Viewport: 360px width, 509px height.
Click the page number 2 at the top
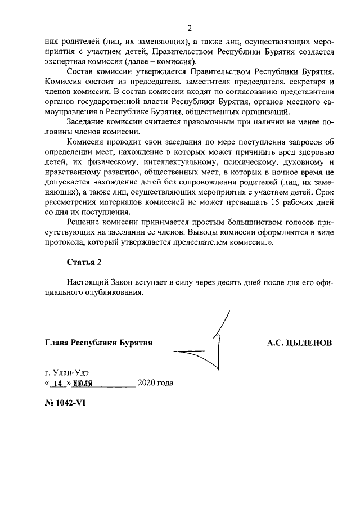pyautogui.click(x=190, y=29)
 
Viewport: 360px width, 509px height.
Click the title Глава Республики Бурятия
pyautogui.click(x=98, y=342)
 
